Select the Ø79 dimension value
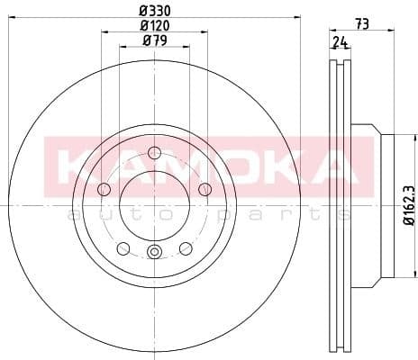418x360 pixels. tap(154, 42)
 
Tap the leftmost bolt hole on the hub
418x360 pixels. tap(103, 188)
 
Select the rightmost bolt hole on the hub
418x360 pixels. tap(204, 188)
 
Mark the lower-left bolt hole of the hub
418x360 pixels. tap(123, 247)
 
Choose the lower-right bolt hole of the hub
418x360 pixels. tap(186, 247)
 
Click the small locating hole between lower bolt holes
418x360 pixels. tap(154, 253)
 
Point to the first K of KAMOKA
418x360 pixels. tap(77, 165)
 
